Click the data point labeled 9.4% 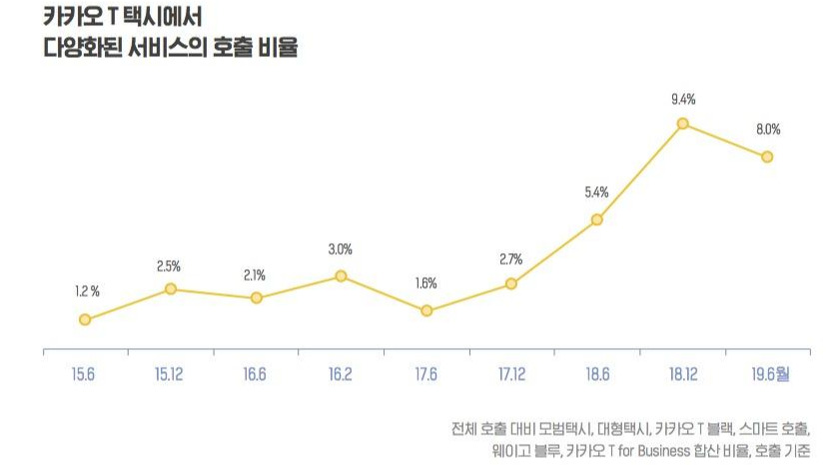[x=683, y=123]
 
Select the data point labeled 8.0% [x=767, y=157]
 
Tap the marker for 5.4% [x=597, y=219]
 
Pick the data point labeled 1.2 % [x=85, y=319]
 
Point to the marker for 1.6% [x=426, y=311]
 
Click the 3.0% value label [x=341, y=249]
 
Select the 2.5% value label [x=169, y=267]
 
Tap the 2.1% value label [x=255, y=275]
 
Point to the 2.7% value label [x=511, y=259]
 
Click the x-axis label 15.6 [x=83, y=374]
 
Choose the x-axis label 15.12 [x=169, y=374]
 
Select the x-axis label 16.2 [x=341, y=374]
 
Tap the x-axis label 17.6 [x=426, y=374]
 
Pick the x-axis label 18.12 [x=683, y=374]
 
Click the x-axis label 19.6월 [x=770, y=374]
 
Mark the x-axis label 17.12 [x=511, y=374]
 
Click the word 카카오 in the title [x=73, y=16]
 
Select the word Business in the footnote [x=663, y=451]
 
